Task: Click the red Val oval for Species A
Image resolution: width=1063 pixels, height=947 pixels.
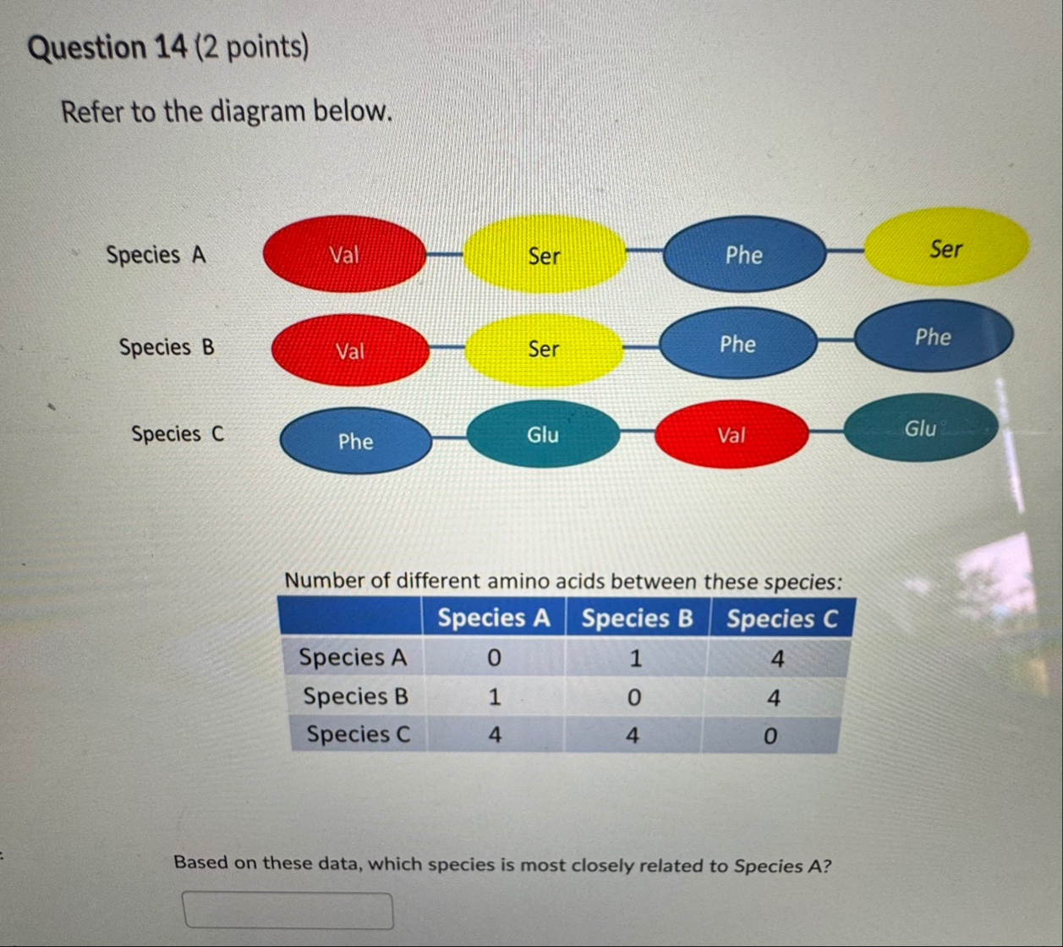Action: click(x=345, y=254)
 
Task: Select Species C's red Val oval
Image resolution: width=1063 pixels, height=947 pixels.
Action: click(x=731, y=434)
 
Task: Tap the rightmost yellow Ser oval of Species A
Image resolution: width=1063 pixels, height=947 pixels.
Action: click(x=946, y=247)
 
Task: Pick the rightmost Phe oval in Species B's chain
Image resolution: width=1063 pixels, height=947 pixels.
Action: click(x=934, y=336)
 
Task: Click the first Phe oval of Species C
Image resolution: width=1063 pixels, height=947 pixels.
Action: click(x=356, y=441)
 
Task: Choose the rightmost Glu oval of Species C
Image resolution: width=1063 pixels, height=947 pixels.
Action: click(x=920, y=427)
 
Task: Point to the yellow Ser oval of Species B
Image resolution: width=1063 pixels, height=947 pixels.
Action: click(x=544, y=349)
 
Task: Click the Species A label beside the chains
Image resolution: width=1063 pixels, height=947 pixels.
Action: click(x=156, y=255)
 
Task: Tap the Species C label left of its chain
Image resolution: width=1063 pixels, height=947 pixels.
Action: click(x=178, y=434)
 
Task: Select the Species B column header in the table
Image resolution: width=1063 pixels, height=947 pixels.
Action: click(x=638, y=618)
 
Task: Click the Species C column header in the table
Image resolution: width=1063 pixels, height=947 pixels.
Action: click(x=781, y=619)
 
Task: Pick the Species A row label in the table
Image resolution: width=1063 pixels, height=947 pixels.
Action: click(x=353, y=657)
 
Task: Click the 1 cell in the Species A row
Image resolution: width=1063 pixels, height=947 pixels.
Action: click(x=635, y=658)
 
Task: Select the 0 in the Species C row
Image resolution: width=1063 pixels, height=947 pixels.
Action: click(x=770, y=736)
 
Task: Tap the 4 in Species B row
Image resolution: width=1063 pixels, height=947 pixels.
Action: click(x=774, y=697)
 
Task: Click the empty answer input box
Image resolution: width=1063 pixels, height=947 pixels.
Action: click(x=288, y=911)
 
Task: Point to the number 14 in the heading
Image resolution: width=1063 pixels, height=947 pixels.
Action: click(x=171, y=47)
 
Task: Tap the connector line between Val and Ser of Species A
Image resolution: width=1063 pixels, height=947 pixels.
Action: click(x=445, y=254)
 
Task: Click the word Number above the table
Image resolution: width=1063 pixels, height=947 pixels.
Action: click(x=324, y=581)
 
